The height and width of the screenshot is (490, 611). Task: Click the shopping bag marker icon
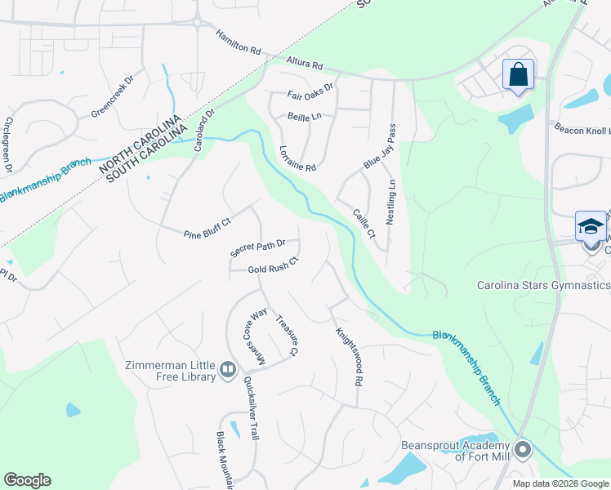tap(519, 75)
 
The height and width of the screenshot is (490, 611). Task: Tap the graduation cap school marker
tap(591, 226)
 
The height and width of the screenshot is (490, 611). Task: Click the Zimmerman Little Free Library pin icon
tap(228, 372)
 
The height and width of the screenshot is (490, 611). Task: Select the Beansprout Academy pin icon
tap(524, 450)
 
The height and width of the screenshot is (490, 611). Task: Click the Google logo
tap(27, 480)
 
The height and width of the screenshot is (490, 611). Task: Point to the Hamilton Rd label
tap(238, 43)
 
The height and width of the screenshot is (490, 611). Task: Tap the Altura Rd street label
tap(305, 64)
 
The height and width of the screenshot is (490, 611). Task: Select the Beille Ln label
tap(305, 117)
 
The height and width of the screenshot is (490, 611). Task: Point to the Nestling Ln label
tap(392, 203)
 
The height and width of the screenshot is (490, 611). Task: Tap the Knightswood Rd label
tap(348, 357)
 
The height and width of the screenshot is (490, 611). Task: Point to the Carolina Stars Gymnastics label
tap(543, 286)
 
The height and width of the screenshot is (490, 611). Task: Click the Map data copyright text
tap(560, 483)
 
